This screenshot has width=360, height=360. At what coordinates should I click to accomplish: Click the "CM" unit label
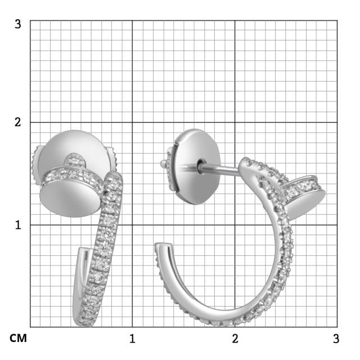pyautogui.click(x=18, y=339)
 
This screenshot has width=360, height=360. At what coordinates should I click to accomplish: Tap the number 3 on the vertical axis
pyautogui.click(x=18, y=24)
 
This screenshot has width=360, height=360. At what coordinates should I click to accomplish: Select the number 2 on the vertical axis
pyautogui.click(x=18, y=122)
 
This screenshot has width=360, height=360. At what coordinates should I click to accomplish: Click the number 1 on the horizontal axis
pyautogui.click(x=132, y=339)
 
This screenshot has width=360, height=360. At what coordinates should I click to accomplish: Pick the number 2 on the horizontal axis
pyautogui.click(x=235, y=339)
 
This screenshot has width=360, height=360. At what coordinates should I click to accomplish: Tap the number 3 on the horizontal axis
pyautogui.click(x=336, y=339)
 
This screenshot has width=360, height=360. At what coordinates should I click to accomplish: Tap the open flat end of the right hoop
pyautogui.click(x=163, y=247)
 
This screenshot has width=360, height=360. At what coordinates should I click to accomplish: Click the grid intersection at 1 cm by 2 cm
pyautogui.click(x=132, y=122)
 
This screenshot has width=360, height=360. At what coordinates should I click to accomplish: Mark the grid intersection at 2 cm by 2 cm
pyautogui.click(x=235, y=122)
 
